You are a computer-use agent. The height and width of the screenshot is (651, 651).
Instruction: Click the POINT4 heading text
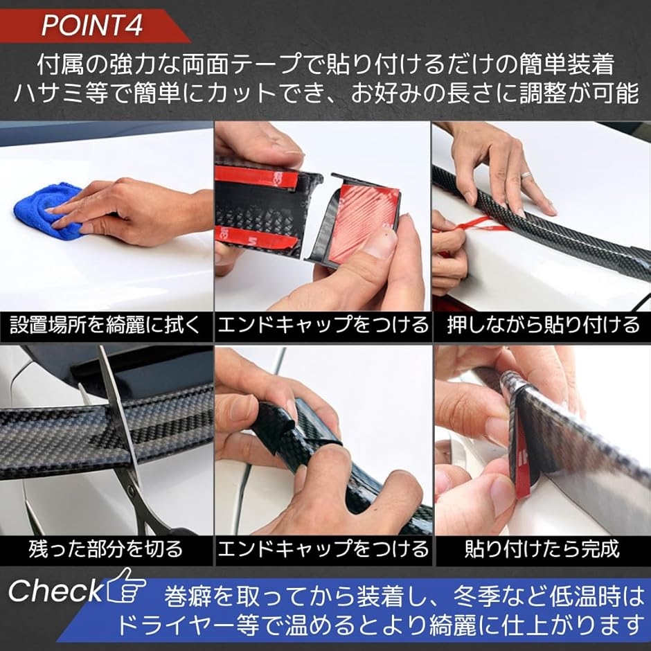point(92,26)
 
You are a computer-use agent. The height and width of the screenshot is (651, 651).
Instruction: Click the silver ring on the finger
point(526,175)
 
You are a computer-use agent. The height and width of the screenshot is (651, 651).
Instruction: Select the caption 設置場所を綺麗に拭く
point(105,325)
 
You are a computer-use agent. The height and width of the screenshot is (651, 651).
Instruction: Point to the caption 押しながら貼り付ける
point(544,325)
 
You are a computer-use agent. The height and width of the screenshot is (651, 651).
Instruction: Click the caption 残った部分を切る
point(105,549)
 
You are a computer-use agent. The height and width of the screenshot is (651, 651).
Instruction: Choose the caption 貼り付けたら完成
point(542,549)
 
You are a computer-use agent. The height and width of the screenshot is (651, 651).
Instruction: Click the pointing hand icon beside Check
point(126,586)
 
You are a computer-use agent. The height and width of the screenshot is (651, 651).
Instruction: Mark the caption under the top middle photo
point(323,325)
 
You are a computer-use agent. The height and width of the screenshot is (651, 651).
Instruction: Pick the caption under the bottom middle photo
point(323,549)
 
